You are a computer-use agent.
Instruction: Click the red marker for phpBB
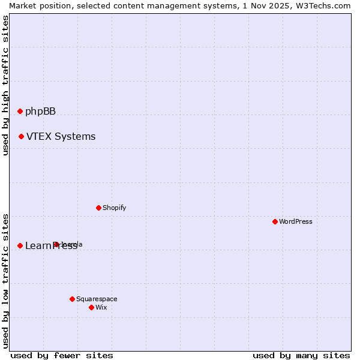(20, 111)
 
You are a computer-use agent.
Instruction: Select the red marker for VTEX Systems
(21, 137)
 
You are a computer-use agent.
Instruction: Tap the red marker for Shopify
(98, 208)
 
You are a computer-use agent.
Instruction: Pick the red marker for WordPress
(275, 221)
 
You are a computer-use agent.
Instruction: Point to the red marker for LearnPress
(20, 245)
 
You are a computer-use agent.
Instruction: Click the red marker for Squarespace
(72, 299)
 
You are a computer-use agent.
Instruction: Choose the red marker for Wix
(91, 307)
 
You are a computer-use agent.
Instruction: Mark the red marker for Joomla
(56, 244)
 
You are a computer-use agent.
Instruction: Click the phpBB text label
(40, 111)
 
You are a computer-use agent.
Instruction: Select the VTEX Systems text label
(61, 137)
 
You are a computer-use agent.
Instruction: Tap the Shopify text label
(114, 208)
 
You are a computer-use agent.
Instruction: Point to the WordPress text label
(296, 221)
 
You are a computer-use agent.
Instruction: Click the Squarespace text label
(97, 299)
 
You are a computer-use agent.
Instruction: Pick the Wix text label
(101, 307)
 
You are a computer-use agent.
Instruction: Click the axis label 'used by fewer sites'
(62, 355)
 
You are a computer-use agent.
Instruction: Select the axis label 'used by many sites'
(301, 355)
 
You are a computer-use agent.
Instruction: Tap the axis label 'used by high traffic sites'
(6, 85)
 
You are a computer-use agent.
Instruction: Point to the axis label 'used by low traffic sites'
(6, 281)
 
